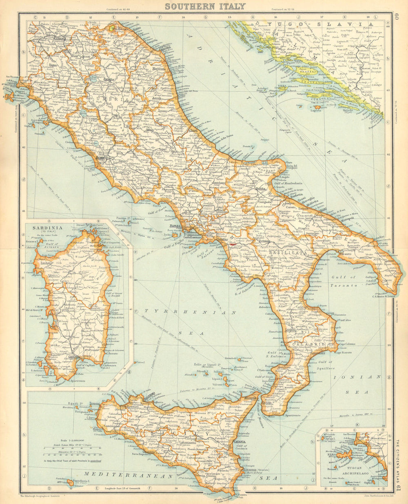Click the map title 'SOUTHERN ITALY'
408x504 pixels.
205,6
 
